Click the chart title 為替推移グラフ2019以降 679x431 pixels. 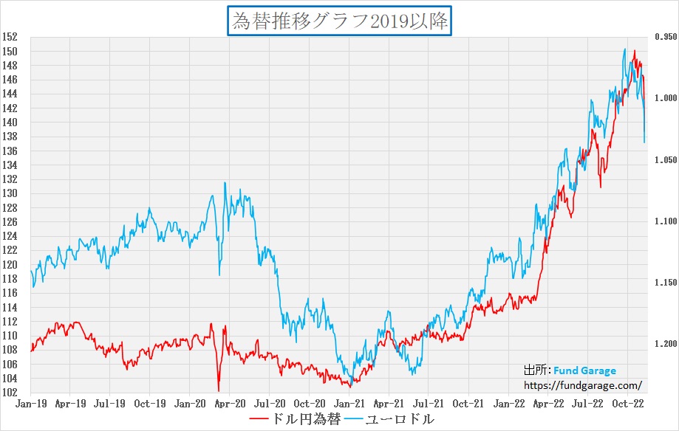pos(339,21)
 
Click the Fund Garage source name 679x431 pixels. pos(585,370)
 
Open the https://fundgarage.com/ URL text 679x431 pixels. pos(582,385)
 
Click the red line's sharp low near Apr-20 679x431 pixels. pos(219,390)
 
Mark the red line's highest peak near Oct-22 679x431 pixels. pos(634,51)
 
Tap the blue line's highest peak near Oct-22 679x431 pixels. pos(625,49)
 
